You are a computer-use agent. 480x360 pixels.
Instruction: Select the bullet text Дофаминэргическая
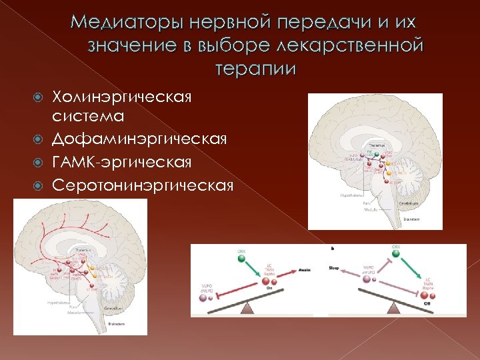click(143, 139)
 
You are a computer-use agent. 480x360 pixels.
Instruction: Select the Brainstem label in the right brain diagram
click(411, 218)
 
